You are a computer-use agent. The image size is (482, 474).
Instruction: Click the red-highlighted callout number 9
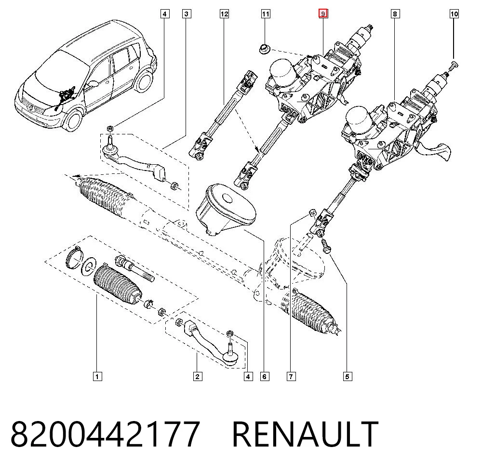click(323, 14)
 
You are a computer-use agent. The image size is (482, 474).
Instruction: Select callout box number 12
click(225, 14)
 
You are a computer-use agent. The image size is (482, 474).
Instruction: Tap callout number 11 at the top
click(266, 14)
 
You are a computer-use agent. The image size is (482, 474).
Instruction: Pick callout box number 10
click(454, 14)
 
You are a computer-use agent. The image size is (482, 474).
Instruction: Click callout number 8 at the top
click(395, 14)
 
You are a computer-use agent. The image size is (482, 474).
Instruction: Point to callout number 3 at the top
click(186, 14)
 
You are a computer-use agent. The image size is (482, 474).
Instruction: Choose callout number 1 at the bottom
click(97, 377)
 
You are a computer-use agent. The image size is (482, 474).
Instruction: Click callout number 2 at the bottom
click(198, 377)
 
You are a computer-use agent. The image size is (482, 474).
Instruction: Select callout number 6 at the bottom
click(264, 377)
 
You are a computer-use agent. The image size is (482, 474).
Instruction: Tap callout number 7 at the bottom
click(291, 377)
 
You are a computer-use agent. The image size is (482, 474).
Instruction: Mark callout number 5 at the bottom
click(348, 377)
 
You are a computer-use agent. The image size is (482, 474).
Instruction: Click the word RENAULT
click(305, 434)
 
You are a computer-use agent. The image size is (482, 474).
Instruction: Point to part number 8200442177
click(106, 434)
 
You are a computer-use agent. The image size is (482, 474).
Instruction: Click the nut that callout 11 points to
click(264, 49)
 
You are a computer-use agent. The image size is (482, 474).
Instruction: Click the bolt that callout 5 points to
click(325, 246)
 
